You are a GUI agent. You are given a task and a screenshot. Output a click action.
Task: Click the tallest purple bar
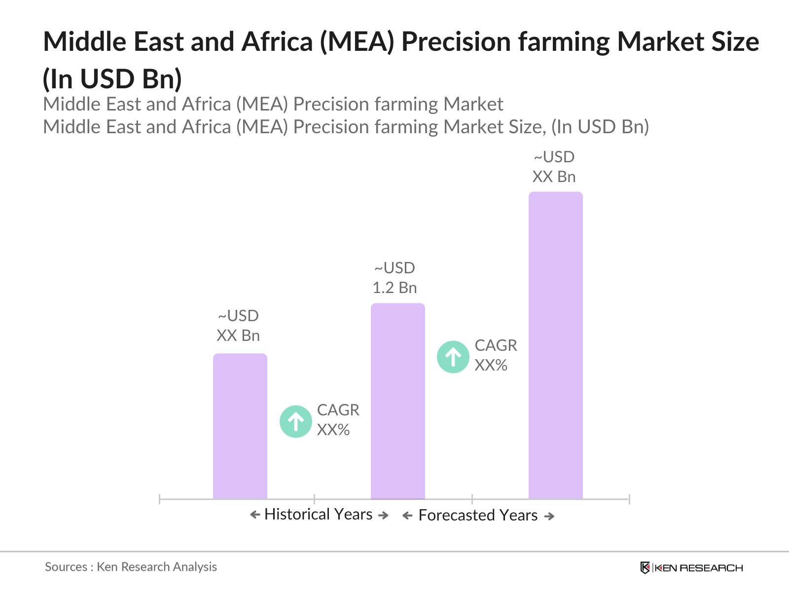[555, 345]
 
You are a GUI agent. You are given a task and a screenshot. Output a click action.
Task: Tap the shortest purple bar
[240, 426]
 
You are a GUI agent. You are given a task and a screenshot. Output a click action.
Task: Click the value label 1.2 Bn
[394, 288]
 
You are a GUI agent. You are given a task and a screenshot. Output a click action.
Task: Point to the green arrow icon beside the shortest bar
[296, 421]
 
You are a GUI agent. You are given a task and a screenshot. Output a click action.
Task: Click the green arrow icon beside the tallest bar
[453, 357]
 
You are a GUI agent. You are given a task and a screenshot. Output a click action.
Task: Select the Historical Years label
[319, 515]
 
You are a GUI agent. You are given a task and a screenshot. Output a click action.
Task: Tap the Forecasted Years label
[478, 516]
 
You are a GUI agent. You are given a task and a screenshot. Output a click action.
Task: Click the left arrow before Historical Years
[255, 515]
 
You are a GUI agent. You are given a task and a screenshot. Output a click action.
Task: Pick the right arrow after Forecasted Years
[549, 517]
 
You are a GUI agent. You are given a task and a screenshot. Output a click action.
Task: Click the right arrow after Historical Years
[383, 516]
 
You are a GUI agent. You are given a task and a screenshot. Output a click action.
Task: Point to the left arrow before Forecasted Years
[407, 516]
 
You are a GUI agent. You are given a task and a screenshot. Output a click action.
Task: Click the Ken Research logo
[691, 568]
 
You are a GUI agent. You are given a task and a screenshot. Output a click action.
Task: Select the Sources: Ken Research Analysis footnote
[131, 567]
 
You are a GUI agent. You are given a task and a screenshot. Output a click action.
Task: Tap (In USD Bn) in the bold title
[112, 78]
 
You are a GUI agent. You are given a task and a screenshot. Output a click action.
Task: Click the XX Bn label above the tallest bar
[554, 177]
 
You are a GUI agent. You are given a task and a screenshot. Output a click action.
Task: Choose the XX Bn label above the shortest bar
[238, 335]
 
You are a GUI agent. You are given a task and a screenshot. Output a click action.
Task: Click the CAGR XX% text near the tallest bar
[495, 355]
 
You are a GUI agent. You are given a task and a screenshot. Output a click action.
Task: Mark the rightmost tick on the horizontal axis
[629, 499]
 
